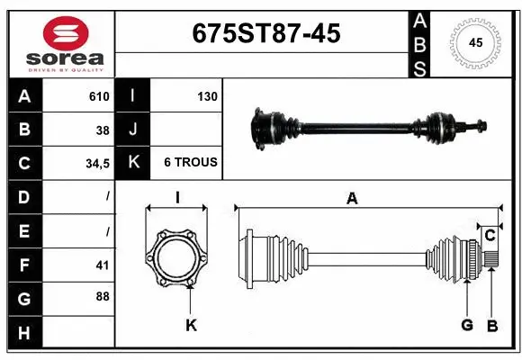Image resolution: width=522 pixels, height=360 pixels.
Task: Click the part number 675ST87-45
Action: coord(266,33)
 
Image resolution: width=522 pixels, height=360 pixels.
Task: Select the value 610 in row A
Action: coord(99,96)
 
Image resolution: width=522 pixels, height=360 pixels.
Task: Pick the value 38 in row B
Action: coord(103,130)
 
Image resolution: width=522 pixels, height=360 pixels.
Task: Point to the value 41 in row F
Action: coord(103,265)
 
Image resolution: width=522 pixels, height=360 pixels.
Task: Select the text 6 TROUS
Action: coord(190,163)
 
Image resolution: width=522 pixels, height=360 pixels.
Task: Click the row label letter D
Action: coord(23,196)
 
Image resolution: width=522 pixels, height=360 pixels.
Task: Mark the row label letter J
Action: coord(132,130)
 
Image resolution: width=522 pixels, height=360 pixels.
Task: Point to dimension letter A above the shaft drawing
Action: coord(352,199)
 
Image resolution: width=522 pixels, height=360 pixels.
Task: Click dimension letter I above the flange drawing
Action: coord(177,199)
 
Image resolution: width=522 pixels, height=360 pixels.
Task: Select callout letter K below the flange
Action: coord(191,325)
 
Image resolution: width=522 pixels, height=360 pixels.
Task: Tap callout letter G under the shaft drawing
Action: coord(468,325)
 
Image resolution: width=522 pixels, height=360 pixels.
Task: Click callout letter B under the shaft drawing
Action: coord(491,325)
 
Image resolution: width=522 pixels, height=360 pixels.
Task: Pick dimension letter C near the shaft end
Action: coord(490,236)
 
